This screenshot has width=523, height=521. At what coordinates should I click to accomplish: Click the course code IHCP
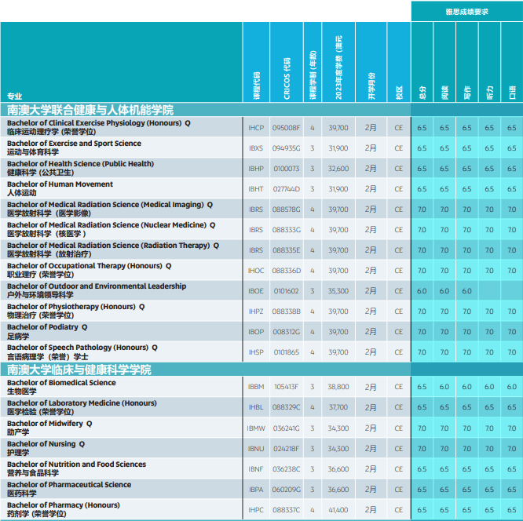point(256,128)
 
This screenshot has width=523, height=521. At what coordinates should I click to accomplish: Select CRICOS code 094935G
point(286,148)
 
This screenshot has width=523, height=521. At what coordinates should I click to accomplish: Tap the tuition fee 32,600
point(338,169)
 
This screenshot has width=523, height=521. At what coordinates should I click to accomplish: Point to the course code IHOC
point(256,271)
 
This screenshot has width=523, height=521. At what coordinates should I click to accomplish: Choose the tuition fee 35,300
point(338,291)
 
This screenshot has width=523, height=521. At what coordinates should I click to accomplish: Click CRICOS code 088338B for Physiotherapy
point(286,312)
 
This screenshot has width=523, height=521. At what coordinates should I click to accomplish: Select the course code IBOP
point(256,332)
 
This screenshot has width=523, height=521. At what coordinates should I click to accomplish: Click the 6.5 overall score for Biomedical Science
point(422,387)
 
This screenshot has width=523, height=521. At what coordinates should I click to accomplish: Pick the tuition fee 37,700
point(338,407)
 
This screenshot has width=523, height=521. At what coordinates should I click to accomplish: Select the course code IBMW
point(256,428)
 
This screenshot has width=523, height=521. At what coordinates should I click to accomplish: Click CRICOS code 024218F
point(286,449)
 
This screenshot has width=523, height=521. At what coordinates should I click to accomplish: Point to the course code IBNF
point(256,469)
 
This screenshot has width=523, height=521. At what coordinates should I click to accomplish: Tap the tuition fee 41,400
point(338,510)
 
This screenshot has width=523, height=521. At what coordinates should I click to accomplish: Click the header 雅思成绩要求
point(466,12)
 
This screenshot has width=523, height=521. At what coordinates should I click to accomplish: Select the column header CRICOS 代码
point(287,78)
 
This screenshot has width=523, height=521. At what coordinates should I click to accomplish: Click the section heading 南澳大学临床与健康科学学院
point(79,370)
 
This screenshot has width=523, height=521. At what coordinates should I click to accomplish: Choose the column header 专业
point(15,97)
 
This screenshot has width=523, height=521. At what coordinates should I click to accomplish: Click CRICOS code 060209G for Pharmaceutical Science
point(286,490)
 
